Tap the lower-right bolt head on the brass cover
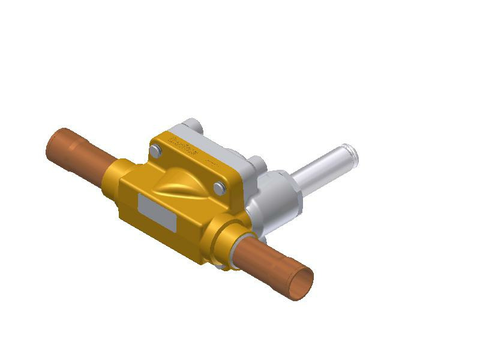point(219,189)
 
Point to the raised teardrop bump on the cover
point(182,181)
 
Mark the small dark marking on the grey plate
point(209,163)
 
